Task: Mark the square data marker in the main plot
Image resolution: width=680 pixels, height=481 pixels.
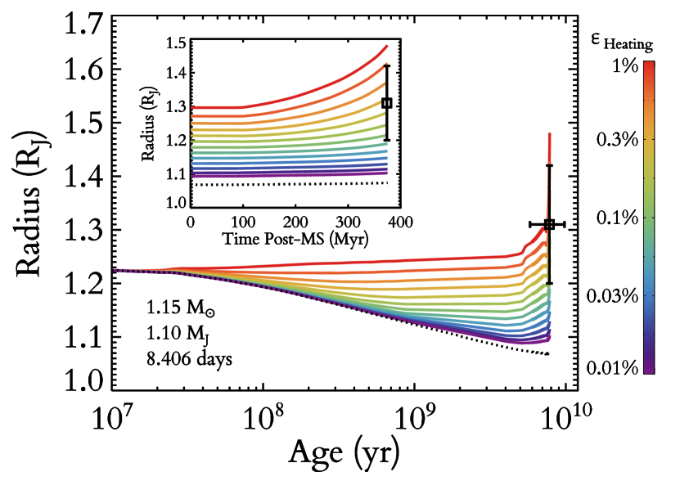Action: coord(549,224)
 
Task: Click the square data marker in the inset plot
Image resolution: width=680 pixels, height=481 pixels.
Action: coord(387,103)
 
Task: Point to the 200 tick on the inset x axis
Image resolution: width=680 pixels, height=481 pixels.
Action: coord(295,221)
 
